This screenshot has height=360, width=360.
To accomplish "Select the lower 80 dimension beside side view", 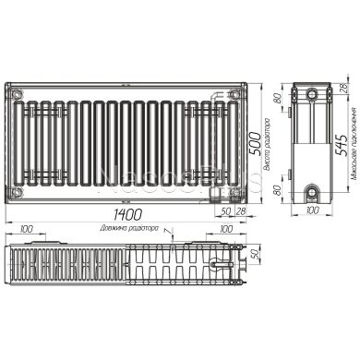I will pyautogui.click(x=275, y=184).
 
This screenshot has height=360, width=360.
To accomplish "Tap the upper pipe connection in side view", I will pyautogui.click(x=313, y=96).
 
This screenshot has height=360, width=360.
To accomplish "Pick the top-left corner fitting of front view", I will pyautogui.click(x=16, y=91).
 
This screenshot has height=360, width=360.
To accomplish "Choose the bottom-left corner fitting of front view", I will pyautogui.click(x=16, y=191).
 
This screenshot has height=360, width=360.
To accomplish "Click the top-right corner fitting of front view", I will pyautogui.click(x=234, y=91).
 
